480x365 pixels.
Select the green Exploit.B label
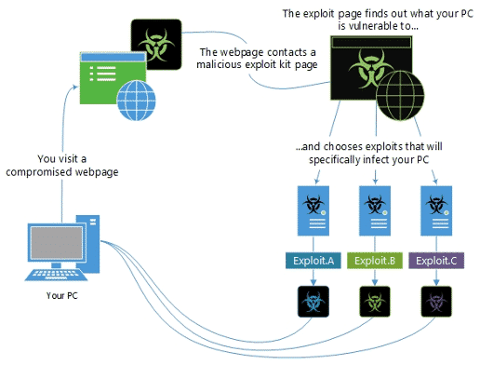(374, 263)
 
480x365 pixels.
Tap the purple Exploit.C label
(435, 263)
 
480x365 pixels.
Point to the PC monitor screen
(52, 243)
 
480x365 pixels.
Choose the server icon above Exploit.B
(374, 210)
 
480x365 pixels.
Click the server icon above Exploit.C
(435, 210)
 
